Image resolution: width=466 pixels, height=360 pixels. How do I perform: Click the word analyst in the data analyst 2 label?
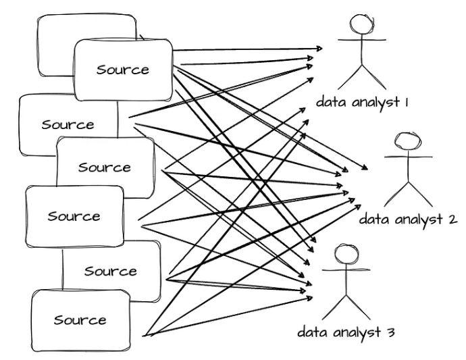[x=419, y=220]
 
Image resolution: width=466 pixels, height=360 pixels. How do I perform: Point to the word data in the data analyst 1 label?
[x=332, y=103]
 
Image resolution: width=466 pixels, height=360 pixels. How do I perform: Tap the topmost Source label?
[x=122, y=70]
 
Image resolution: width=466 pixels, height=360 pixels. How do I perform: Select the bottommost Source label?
[x=80, y=319]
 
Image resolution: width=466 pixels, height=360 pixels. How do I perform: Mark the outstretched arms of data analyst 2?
[x=409, y=157]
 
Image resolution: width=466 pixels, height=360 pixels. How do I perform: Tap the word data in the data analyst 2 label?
[x=376, y=220]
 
